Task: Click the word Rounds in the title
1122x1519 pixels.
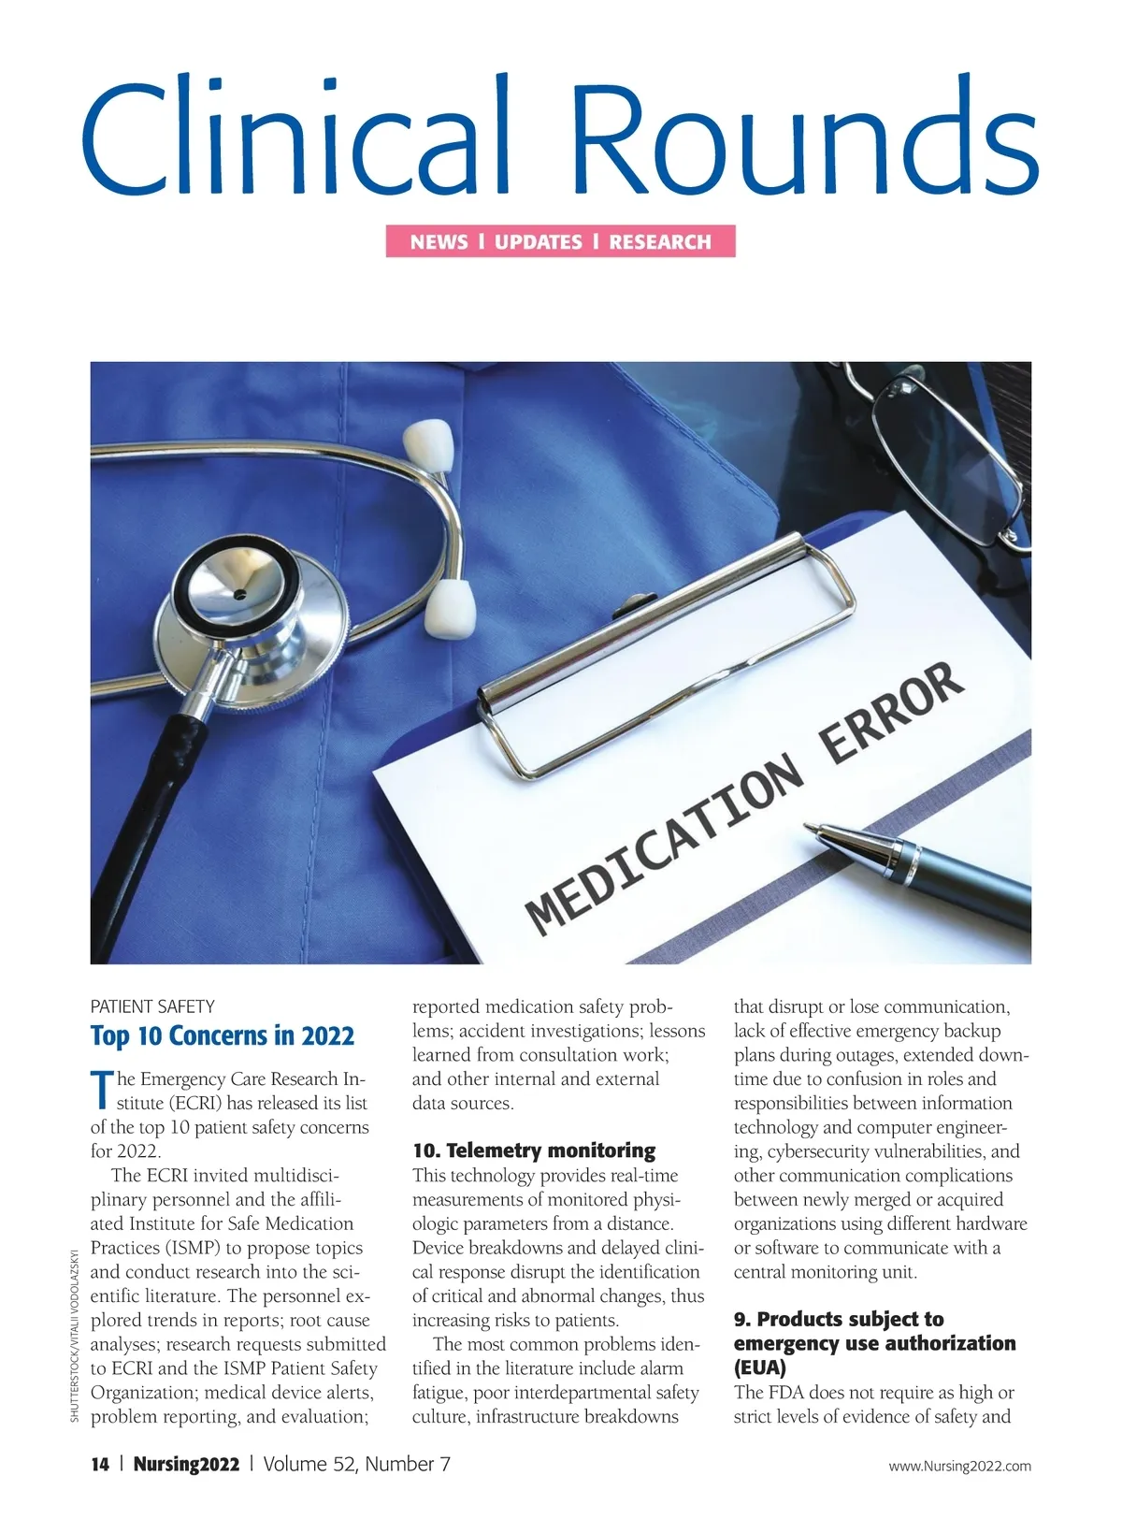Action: click(804, 138)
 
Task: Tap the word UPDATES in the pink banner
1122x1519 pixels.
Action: click(539, 242)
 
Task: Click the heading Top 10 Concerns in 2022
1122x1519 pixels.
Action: click(223, 1036)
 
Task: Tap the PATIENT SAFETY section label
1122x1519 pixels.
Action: click(152, 1006)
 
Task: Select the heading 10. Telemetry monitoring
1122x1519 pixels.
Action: click(534, 1150)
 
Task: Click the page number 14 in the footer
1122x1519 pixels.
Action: click(100, 1464)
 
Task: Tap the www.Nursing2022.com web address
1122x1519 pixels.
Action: click(959, 1466)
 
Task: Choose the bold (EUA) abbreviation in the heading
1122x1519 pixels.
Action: click(760, 1367)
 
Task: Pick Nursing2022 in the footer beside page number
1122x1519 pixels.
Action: click(186, 1464)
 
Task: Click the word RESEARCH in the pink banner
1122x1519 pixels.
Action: click(660, 242)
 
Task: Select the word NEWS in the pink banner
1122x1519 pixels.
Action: click(439, 242)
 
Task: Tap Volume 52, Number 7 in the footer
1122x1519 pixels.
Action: click(356, 1464)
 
